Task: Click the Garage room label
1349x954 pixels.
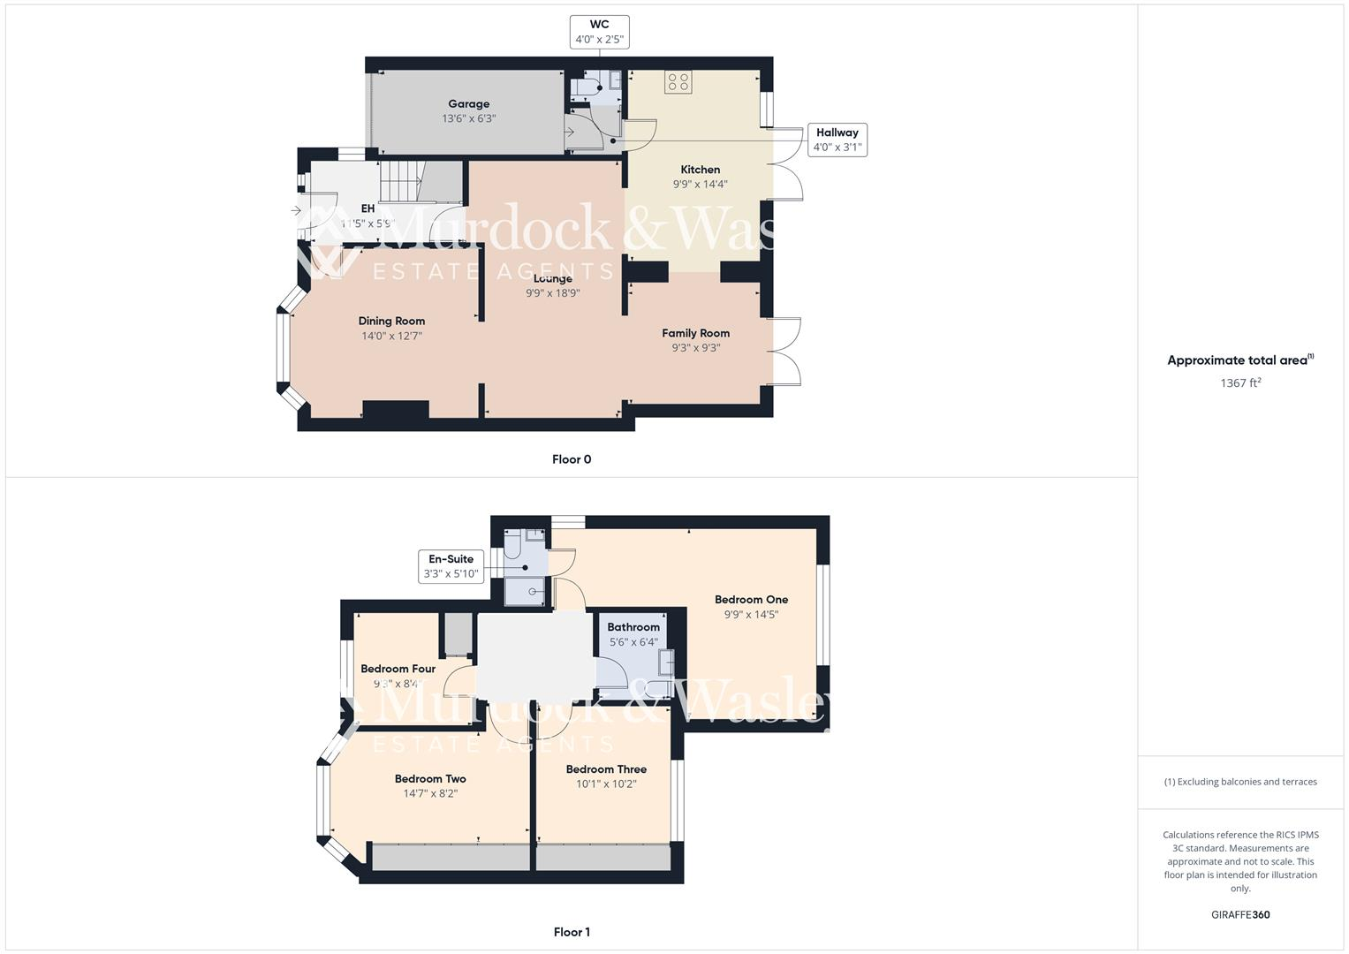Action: tap(468, 103)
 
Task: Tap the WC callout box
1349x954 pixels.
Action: tap(599, 32)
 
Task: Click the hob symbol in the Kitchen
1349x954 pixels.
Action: tap(678, 82)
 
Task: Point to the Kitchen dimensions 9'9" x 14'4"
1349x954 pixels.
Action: tap(700, 185)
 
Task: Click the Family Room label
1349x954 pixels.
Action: tap(696, 333)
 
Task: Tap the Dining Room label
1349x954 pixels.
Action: tap(391, 321)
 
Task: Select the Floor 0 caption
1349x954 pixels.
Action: tap(572, 459)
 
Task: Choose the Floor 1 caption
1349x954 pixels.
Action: tap(572, 932)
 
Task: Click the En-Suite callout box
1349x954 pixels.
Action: tap(451, 566)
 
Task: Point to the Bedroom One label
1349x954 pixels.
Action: tap(751, 599)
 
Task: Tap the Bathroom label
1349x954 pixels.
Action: tap(633, 627)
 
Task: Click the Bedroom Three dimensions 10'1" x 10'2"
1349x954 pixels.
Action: tap(606, 784)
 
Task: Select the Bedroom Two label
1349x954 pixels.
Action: tap(430, 778)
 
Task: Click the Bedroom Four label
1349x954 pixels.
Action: tap(398, 669)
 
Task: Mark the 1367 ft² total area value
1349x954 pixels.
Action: tap(1240, 382)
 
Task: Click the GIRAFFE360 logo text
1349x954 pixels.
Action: tap(1240, 914)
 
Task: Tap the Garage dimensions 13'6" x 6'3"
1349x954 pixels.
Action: tap(468, 118)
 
